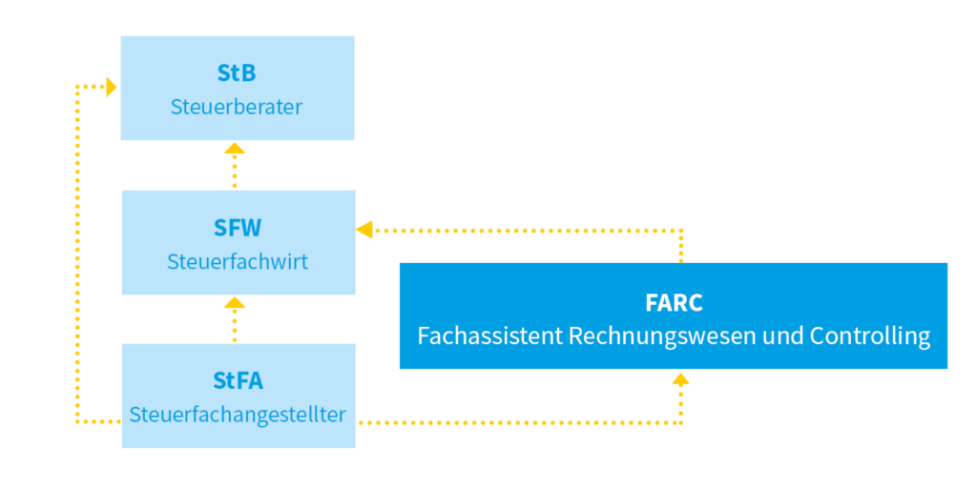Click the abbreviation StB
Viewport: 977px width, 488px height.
[237, 73]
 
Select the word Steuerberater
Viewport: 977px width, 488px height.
[237, 107]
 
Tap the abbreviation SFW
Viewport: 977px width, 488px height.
[238, 228]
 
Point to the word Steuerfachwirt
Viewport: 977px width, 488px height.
[238, 261]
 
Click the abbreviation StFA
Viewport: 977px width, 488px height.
[238, 381]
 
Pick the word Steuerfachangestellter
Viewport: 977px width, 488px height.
[238, 415]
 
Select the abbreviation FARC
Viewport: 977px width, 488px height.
[673, 303]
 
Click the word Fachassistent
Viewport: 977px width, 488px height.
[489, 336]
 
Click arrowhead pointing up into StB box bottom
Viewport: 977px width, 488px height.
[235, 148]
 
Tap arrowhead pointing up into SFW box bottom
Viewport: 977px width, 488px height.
[235, 302]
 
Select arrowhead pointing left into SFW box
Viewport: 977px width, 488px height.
[364, 229]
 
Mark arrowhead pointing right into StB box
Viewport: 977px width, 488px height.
[111, 87]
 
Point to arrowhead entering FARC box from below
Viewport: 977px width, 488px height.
[680, 378]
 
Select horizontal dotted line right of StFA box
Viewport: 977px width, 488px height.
[515, 421]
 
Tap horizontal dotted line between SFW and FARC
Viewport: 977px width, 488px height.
[525, 229]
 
